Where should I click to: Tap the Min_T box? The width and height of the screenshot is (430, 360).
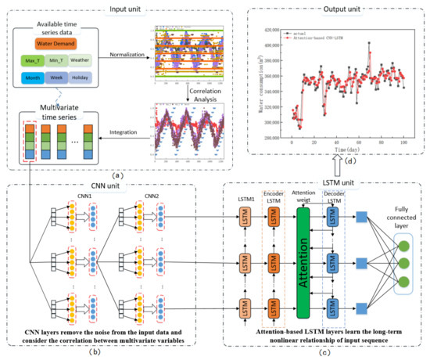tap(66, 60)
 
